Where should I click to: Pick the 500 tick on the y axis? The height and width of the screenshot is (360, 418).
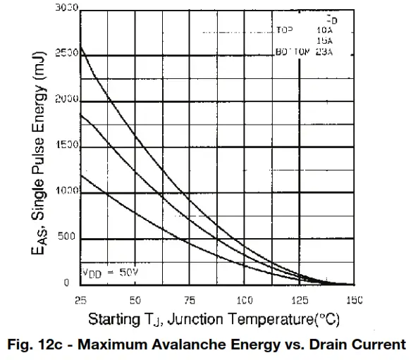69,237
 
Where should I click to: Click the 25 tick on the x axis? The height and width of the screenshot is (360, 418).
81,299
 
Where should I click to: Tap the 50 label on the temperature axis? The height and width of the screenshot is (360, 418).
135,299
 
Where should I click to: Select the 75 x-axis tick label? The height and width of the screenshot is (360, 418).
190,299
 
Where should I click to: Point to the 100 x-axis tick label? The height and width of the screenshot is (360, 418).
245,299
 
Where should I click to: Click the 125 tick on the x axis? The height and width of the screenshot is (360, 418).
300,299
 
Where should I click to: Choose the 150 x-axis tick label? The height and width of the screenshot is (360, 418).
354,299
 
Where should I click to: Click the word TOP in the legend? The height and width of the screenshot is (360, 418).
284,31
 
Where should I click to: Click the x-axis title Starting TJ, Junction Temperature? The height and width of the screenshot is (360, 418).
214,320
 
